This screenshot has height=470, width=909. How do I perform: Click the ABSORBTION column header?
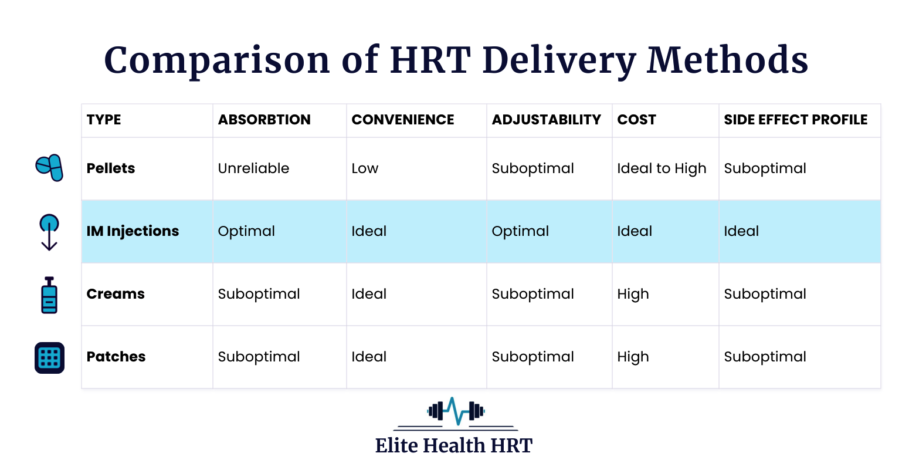tap(264, 120)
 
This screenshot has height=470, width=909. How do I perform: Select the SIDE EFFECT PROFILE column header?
tap(795, 120)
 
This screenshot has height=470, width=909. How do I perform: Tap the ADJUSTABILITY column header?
tap(546, 120)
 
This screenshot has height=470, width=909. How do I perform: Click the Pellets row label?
tap(111, 168)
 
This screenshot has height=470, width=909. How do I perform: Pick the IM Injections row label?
tap(133, 231)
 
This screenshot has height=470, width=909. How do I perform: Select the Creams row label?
tap(116, 294)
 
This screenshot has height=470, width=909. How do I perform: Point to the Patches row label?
tap(116, 357)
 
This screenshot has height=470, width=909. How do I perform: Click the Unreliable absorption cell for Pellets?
tap(253, 168)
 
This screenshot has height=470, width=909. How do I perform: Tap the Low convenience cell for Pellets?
tap(365, 168)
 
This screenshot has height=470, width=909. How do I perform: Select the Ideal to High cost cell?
tap(662, 168)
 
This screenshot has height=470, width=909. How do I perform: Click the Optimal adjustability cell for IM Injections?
tap(520, 231)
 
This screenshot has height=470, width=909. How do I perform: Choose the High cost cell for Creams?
tap(633, 294)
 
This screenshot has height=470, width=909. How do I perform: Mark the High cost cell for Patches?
tap(633, 357)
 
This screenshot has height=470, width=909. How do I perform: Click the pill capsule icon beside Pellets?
tap(49, 168)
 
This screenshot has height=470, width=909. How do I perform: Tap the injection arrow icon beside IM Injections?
tap(49, 232)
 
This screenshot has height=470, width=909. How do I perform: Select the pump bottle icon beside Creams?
tap(49, 295)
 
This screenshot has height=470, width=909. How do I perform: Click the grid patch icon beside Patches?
tap(49, 357)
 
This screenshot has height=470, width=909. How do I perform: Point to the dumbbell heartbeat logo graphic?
tap(455, 411)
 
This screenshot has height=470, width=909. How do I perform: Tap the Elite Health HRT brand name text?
tap(453, 445)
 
